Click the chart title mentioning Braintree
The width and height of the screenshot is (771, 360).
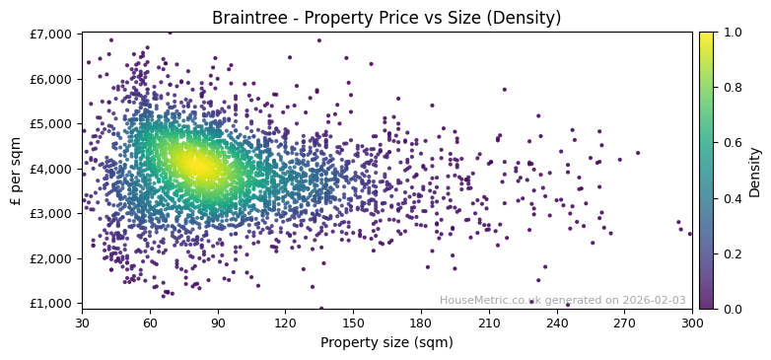point(386,18)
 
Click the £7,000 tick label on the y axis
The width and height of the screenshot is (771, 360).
point(51,34)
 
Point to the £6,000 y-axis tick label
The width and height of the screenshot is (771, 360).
point(51,79)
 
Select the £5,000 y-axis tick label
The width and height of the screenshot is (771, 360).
point(51,123)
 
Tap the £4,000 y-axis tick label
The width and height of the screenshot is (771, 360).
point(51,169)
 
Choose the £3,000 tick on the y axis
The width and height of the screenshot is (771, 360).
point(51,213)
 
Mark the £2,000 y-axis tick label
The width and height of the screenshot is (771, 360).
point(51,258)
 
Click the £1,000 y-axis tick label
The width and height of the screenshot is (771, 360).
point(51,303)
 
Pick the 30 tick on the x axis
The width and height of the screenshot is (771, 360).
point(82,323)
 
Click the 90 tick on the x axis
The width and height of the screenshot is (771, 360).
point(218,323)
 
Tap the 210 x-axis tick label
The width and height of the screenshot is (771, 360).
point(489,323)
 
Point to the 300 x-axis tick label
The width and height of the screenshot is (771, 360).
point(692,323)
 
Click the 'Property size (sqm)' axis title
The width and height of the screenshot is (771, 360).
point(386,342)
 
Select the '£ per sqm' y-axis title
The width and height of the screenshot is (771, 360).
point(16,170)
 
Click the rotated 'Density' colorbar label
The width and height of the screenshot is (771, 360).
point(755,171)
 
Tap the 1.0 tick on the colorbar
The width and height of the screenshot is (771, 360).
point(731,33)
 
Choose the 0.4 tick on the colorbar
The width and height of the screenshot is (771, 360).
point(731,198)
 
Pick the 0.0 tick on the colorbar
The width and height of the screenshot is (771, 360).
point(731,309)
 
